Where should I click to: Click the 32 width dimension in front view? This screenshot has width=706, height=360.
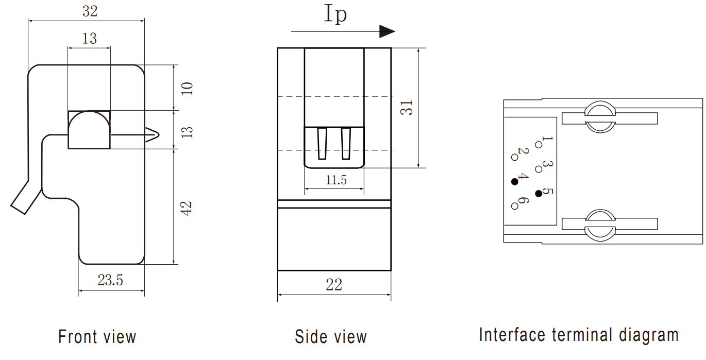tap(90, 11)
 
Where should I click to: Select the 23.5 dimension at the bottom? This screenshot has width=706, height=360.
tap(110, 280)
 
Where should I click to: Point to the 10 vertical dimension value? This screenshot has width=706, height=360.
tap(187, 88)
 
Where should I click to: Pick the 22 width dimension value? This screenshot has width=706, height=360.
tap(334, 284)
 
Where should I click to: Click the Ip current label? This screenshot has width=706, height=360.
tap(335, 14)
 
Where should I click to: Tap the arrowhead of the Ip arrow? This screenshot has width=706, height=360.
tap(387, 31)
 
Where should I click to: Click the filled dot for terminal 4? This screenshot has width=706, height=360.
tap(514, 181)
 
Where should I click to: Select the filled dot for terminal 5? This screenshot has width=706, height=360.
tap(539, 193)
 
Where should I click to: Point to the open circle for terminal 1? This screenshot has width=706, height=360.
tap(539, 145)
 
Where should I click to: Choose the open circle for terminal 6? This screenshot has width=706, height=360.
tap(514, 206)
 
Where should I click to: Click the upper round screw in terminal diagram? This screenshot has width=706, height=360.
tap(600, 118)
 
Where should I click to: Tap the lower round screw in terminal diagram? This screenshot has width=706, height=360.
tap(600, 225)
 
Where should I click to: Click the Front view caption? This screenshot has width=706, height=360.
tap(97, 337)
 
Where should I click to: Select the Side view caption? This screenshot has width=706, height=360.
tap(331, 337)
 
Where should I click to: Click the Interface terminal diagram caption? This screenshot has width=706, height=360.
tap(579, 335)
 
